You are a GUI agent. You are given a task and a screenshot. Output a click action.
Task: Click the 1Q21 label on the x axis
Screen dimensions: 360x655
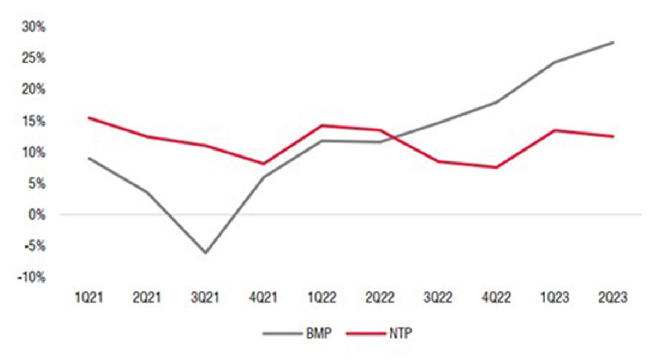pos(88,298)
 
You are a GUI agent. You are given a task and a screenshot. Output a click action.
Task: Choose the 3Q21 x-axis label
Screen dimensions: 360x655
pos(205,298)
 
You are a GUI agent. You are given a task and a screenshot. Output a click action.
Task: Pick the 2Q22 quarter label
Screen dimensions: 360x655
pos(380,298)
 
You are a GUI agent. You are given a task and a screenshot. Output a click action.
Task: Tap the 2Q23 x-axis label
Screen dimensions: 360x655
pos(613,298)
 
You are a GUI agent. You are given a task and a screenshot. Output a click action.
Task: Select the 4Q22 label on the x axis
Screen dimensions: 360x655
pos(497,298)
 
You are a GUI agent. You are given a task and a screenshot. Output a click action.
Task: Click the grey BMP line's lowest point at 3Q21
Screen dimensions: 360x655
pos(205,253)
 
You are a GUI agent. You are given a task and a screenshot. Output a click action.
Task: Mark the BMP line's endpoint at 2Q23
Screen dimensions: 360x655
pos(613,42)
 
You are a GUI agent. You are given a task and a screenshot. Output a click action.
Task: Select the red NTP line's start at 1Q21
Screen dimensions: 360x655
pos(88,117)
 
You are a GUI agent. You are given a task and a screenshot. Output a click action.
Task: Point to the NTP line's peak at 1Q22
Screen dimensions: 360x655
pos(322,125)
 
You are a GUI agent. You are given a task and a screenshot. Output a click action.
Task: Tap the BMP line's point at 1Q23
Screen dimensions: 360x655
pos(555,62)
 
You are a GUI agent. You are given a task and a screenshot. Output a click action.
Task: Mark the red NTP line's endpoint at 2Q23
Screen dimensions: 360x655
pos(613,136)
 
